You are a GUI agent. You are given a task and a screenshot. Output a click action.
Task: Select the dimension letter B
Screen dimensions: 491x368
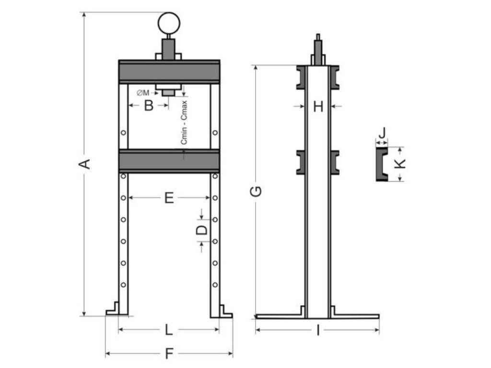(x=149, y=105)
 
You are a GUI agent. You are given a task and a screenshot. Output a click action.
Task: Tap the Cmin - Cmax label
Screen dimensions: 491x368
(x=185, y=124)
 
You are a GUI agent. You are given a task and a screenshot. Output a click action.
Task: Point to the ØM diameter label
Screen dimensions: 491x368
(x=143, y=93)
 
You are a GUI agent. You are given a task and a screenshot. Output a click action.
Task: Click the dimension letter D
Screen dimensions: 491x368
(x=203, y=230)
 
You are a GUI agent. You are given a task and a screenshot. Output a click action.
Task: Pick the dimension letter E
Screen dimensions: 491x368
(x=169, y=197)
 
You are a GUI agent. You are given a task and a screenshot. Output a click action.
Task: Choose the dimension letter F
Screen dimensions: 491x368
(x=169, y=354)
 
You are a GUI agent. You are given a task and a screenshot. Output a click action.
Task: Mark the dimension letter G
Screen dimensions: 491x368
(x=257, y=191)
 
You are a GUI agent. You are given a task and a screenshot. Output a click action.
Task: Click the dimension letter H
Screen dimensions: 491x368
(x=318, y=106)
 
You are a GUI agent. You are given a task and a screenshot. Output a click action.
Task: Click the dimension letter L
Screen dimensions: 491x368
(x=168, y=330)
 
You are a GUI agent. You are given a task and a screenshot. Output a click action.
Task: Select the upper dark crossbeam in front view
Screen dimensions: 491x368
(x=169, y=72)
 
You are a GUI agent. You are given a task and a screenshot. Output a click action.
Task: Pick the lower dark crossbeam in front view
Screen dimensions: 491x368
(x=169, y=161)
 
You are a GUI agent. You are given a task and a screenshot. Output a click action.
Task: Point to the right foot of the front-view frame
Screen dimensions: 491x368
(x=222, y=310)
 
